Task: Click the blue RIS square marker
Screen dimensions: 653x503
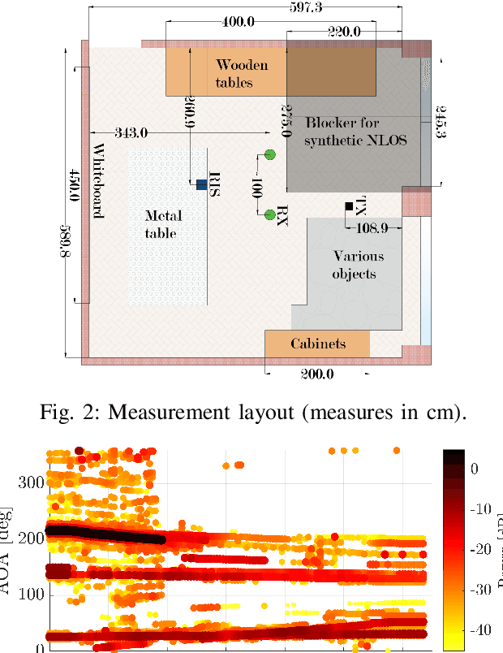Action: click(x=201, y=184)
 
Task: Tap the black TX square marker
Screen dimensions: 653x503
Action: click(x=349, y=207)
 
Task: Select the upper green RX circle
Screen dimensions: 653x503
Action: click(x=270, y=154)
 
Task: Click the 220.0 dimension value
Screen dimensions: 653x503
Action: click(x=344, y=32)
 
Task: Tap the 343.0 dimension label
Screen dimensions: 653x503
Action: click(x=132, y=132)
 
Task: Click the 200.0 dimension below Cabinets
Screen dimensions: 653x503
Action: click(x=312, y=374)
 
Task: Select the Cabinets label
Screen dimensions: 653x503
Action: click(x=318, y=344)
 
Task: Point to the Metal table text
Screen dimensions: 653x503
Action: click(x=161, y=224)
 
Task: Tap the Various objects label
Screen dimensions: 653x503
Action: click(x=355, y=265)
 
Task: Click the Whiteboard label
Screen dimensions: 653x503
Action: click(x=98, y=181)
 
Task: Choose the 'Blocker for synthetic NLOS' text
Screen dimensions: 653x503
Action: click(x=355, y=131)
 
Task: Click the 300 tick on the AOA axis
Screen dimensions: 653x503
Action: click(x=32, y=482)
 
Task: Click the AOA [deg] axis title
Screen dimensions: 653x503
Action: click(x=11, y=560)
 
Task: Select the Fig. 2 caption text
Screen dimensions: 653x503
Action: click(x=251, y=412)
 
